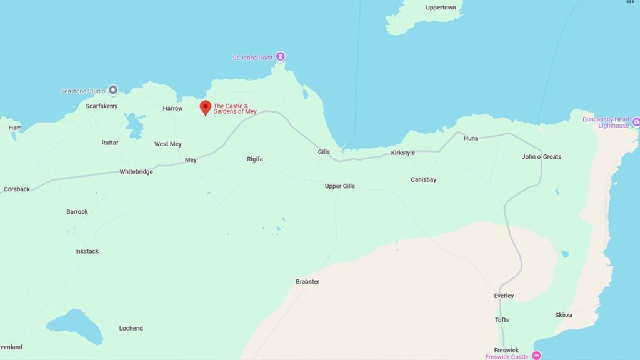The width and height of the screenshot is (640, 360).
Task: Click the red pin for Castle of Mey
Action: click(x=205, y=107)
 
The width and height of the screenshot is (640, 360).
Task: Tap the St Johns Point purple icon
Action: click(x=281, y=57)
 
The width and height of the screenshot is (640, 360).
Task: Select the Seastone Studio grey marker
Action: click(x=113, y=90)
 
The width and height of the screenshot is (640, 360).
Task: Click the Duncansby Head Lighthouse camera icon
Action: click(x=636, y=121)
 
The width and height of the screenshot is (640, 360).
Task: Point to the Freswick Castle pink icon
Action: click(x=536, y=356)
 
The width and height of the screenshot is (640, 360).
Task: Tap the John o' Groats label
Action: click(x=541, y=157)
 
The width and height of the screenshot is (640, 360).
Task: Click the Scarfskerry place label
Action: click(x=102, y=106)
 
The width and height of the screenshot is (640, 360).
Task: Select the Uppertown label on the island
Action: click(x=441, y=7)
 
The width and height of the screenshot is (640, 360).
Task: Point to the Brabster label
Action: click(x=307, y=282)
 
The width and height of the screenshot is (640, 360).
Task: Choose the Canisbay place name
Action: click(x=424, y=180)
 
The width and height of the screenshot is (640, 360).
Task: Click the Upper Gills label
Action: click(x=340, y=186)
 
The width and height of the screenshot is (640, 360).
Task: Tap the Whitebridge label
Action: click(x=136, y=172)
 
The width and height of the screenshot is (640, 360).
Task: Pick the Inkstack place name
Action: click(x=87, y=251)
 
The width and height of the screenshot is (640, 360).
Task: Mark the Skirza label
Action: click(x=563, y=315)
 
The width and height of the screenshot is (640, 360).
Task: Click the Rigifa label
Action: click(x=255, y=159)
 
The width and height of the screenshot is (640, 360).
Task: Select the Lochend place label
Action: click(x=131, y=328)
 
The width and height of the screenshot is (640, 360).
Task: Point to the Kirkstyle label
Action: click(x=403, y=153)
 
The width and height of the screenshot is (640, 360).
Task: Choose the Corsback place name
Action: click(x=17, y=189)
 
